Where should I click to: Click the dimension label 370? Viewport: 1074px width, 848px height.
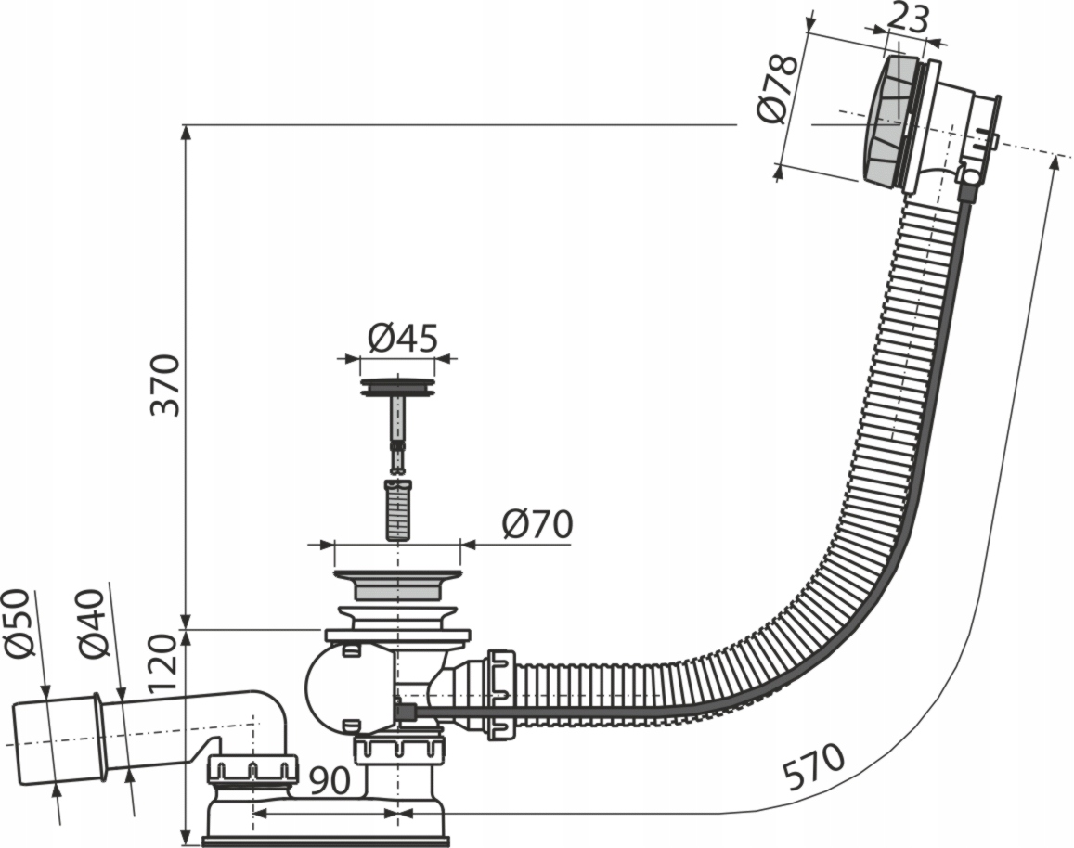[x=165, y=383]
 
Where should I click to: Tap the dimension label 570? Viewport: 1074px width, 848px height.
[x=813, y=766]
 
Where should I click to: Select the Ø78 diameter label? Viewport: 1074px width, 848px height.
[x=777, y=89]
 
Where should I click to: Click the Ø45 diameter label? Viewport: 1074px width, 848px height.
[x=401, y=339]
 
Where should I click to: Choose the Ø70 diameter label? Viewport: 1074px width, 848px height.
[x=537, y=525]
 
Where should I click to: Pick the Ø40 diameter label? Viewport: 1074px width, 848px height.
[x=94, y=624]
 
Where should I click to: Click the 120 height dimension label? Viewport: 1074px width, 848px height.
[x=162, y=662]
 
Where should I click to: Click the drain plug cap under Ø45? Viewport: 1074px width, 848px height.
[x=397, y=386]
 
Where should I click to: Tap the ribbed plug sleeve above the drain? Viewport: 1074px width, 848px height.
[x=397, y=510]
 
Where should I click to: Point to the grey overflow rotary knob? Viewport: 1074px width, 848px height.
[x=886, y=122]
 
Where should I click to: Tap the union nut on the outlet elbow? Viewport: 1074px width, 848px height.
[x=252, y=770]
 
